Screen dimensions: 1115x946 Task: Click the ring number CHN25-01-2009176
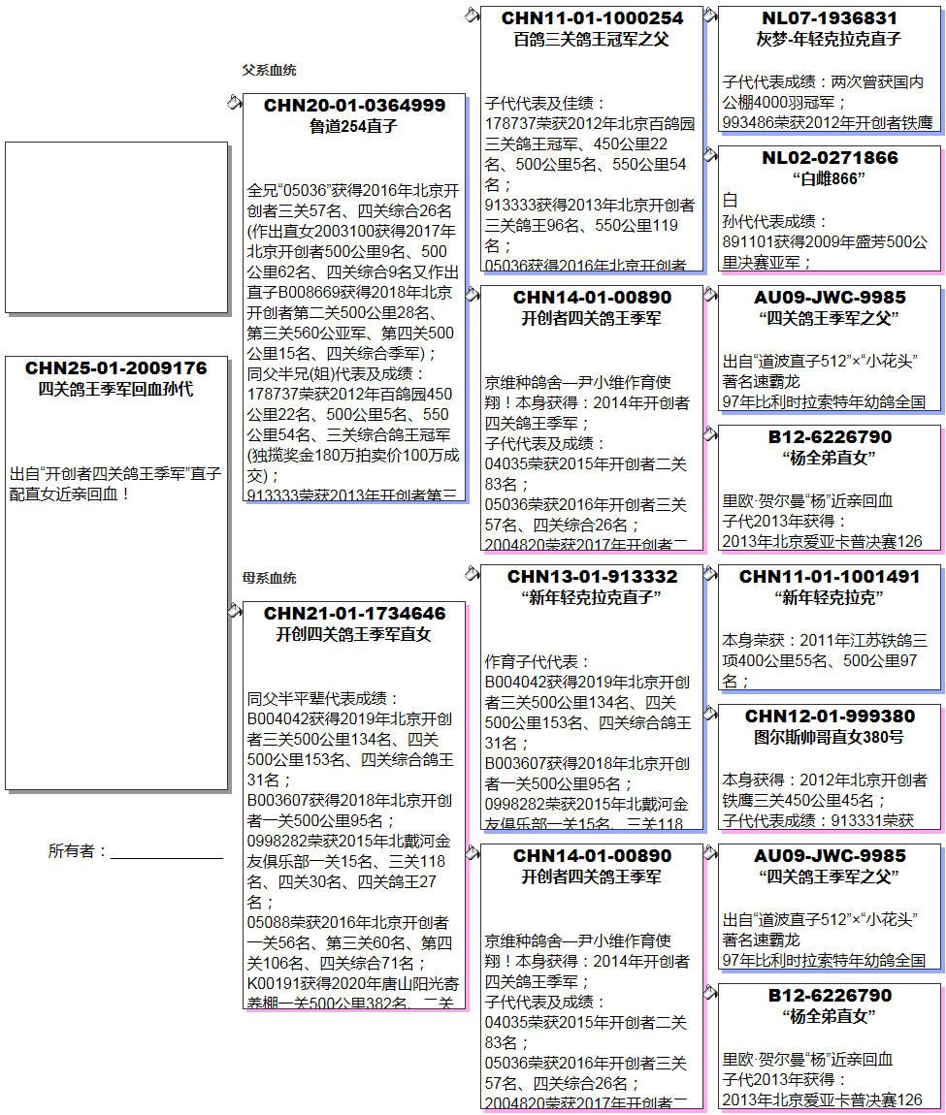tap(116, 368)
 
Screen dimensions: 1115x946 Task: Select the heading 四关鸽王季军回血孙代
tap(116, 389)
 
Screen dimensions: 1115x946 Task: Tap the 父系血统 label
tap(269, 70)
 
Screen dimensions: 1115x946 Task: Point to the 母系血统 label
tap(269, 578)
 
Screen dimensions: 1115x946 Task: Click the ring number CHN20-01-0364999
tap(354, 106)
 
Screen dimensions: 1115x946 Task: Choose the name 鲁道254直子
tap(354, 126)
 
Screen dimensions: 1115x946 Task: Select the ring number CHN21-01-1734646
tap(354, 614)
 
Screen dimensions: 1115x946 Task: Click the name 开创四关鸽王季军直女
tap(354, 635)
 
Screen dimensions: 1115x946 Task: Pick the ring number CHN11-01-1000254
tap(592, 18)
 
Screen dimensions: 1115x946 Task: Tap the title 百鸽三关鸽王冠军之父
tap(592, 40)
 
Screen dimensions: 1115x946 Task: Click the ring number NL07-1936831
tap(830, 18)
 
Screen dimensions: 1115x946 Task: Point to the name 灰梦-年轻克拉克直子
tap(830, 40)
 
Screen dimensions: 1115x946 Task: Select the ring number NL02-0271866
tap(830, 158)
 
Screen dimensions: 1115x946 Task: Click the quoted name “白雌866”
tap(830, 178)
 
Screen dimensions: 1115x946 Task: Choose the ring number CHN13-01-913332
tap(592, 577)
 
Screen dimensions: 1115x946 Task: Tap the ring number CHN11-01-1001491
tap(830, 577)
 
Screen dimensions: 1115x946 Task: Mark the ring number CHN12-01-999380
tap(830, 717)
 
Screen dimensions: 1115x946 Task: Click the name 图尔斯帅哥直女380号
tap(830, 737)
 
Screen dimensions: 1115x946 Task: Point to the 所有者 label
tap(77, 851)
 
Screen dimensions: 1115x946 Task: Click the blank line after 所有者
tap(166, 856)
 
